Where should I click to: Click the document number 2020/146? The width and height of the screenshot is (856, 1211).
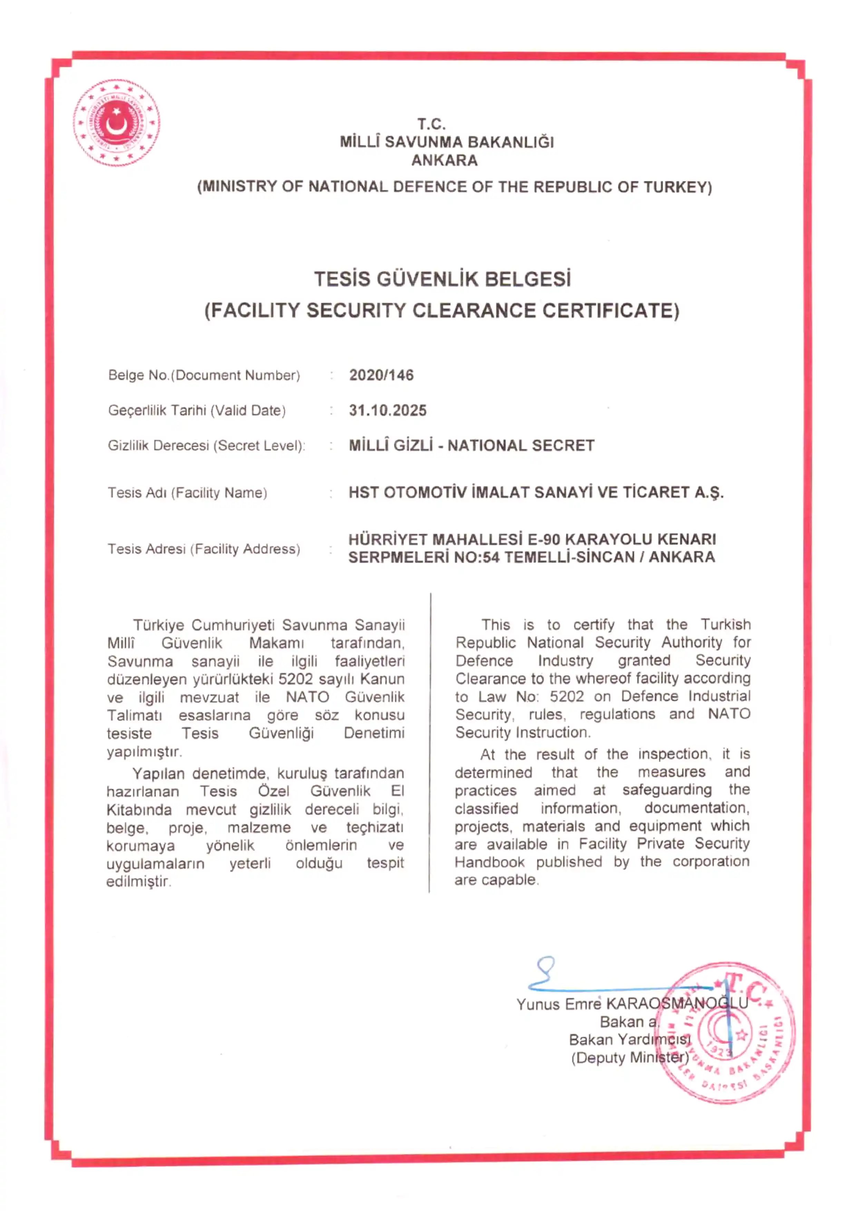click(381, 375)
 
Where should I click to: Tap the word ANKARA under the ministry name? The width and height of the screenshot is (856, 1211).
click(444, 160)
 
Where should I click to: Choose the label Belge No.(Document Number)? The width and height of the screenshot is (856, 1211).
click(204, 375)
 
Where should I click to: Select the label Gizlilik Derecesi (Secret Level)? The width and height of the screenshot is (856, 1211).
click(206, 446)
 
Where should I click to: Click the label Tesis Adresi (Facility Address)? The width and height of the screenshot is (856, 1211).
click(204, 549)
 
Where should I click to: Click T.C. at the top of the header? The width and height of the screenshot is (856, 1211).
click(431, 125)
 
